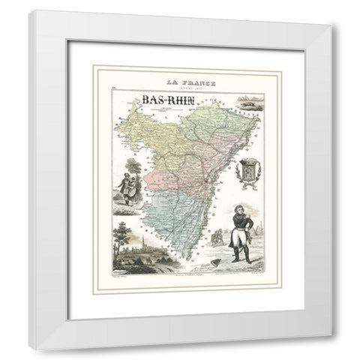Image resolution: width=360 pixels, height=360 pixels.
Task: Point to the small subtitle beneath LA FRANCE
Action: tap(184, 89)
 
